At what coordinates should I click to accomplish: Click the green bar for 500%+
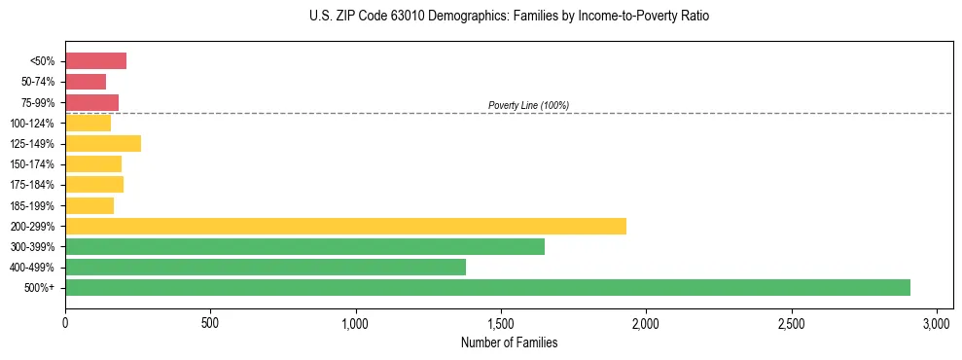pos(487,288)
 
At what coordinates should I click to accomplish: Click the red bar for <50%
pos(95,61)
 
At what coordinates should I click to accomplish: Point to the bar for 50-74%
pos(86,82)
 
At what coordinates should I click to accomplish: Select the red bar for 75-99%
pos(91,102)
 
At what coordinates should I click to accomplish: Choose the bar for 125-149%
pos(103,144)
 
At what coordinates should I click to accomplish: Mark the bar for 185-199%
pos(89,205)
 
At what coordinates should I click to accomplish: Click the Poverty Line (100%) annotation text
pos(528,105)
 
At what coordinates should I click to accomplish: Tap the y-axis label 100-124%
pos(32,124)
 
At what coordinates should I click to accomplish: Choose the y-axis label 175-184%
pos(32,185)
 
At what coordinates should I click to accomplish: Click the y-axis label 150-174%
pos(32,164)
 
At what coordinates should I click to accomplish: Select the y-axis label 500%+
pos(38,288)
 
